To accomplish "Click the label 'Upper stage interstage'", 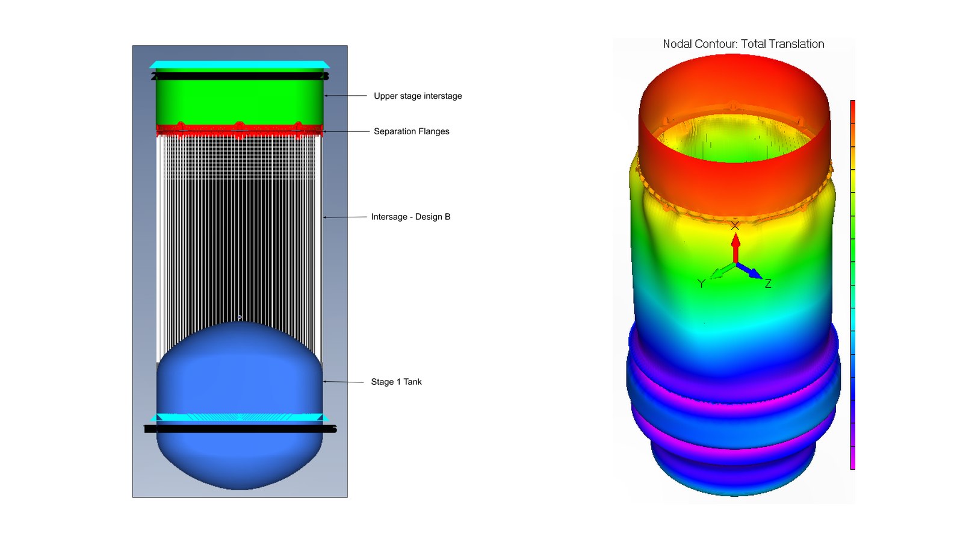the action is [418, 96].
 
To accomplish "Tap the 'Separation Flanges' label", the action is [412, 131].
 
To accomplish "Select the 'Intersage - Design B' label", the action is [410, 217].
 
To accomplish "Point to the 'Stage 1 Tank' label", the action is [396, 382].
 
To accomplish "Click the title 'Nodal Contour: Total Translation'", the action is [743, 44].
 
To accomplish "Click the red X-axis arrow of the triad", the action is [735, 248].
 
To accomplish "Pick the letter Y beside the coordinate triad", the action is [701, 284].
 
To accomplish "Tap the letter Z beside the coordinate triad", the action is [768, 284].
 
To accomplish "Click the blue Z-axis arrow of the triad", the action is [749, 271].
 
